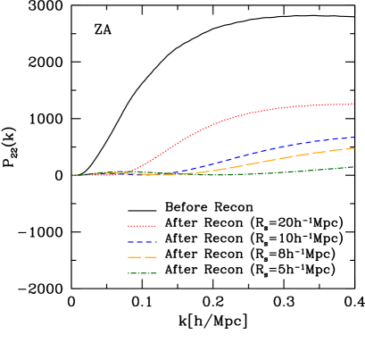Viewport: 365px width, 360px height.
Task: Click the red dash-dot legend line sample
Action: coord(142,226)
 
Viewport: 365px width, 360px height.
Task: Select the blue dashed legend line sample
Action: coord(142,242)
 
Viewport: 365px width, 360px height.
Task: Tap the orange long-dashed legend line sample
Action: coord(142,257)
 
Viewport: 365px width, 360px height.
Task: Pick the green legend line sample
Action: coord(142,273)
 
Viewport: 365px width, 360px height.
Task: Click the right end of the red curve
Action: coord(354,104)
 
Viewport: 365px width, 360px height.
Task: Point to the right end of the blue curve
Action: coord(354,138)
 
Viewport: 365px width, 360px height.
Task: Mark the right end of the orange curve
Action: coord(354,148)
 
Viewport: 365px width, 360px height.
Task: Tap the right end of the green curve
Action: coord(353,167)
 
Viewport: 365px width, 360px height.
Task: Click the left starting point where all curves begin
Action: coord(73,175)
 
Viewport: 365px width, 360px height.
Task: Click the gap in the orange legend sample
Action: coord(143,257)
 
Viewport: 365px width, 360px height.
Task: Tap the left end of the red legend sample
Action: coord(129,226)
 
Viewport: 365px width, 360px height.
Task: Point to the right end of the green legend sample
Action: coord(156,273)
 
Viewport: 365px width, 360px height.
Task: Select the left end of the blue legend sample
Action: coord(129,242)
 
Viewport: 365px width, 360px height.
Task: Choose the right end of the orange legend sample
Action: coord(156,257)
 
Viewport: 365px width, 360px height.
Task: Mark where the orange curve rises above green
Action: coord(192,173)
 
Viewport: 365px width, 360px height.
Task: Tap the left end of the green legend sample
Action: coord(129,273)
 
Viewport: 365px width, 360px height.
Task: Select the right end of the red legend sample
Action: coord(156,226)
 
